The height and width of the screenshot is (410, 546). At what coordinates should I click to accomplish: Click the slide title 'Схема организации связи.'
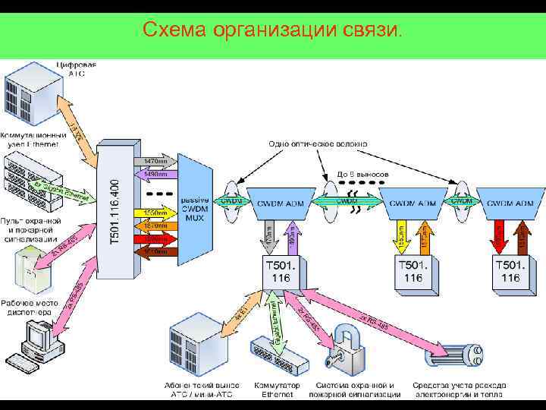(x=273, y=30)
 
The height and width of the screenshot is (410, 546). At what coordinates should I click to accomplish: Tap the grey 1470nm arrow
(x=155, y=161)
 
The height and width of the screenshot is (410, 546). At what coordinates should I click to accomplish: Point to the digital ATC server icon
(x=31, y=95)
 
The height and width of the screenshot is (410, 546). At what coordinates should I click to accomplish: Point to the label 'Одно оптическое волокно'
(x=318, y=143)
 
